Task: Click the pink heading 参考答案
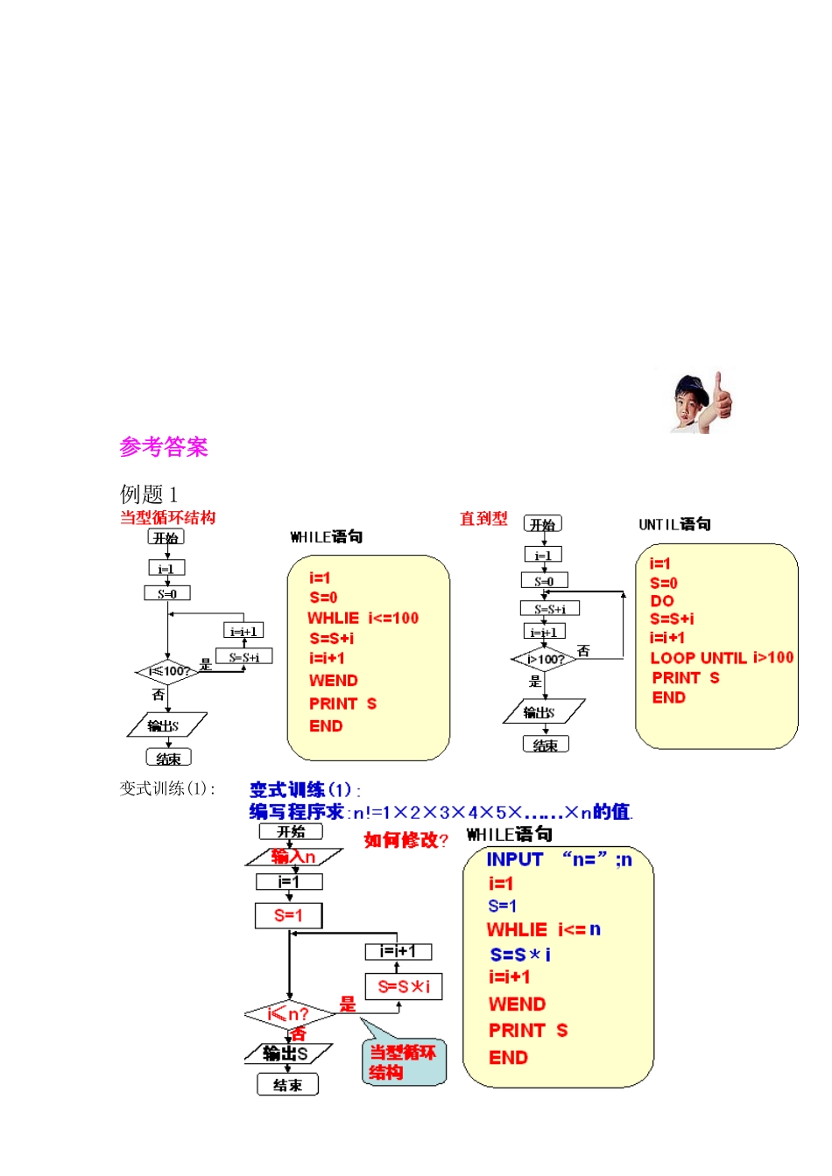(x=164, y=447)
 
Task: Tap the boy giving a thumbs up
(x=702, y=402)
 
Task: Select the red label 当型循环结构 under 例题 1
(x=167, y=517)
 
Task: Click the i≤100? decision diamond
(x=168, y=672)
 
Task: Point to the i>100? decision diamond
(x=545, y=659)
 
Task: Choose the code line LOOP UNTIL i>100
(x=721, y=658)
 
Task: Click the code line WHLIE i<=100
(x=363, y=619)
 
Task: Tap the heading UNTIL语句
(x=674, y=524)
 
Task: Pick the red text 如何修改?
(x=405, y=840)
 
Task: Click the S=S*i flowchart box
(x=403, y=987)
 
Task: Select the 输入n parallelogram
(x=293, y=857)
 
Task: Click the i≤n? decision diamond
(x=289, y=1015)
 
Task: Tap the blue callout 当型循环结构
(x=403, y=1062)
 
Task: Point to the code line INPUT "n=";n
(x=559, y=860)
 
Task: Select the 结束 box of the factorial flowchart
(x=287, y=1085)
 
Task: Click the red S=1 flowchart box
(x=288, y=916)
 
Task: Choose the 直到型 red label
(x=483, y=519)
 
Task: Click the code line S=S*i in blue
(x=520, y=955)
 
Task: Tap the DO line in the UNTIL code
(x=661, y=601)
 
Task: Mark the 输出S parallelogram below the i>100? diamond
(x=543, y=712)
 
